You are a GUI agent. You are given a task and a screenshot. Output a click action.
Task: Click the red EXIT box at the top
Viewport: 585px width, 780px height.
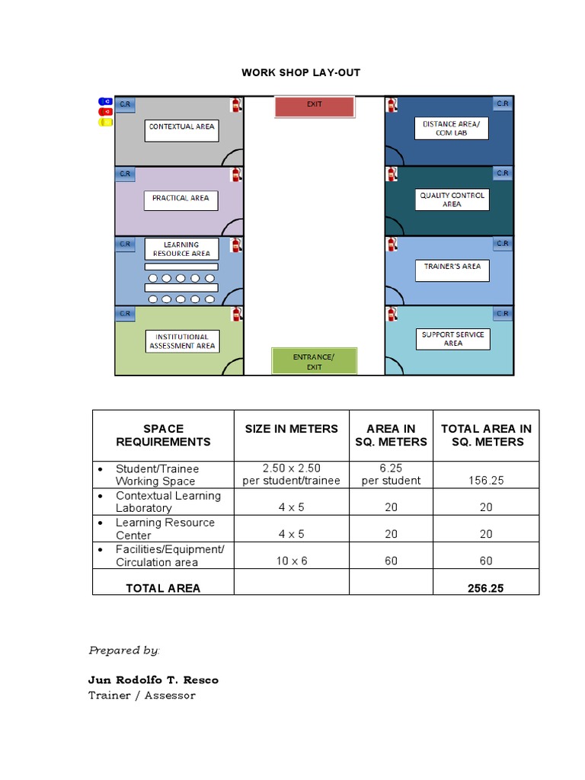pos(315,107)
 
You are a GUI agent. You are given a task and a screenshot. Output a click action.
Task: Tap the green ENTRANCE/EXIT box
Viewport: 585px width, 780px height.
pos(314,361)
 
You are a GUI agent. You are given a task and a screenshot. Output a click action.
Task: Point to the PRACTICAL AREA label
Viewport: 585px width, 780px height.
pos(181,200)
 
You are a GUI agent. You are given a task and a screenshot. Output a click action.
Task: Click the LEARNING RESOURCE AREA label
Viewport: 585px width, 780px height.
pos(181,249)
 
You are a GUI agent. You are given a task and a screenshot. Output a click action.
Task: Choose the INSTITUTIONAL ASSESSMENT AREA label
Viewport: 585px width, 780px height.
pos(181,340)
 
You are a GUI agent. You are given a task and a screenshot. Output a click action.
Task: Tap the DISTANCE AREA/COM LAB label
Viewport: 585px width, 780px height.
pos(451,128)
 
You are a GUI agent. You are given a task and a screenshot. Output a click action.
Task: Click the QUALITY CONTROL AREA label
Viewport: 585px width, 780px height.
pos(452,200)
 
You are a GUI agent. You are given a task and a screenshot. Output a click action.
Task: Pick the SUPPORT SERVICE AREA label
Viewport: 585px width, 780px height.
pos(452,339)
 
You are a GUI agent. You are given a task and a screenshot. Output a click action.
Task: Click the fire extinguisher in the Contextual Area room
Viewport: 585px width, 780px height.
pos(236,105)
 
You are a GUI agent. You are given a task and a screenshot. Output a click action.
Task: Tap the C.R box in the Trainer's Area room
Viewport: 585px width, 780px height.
pos(502,244)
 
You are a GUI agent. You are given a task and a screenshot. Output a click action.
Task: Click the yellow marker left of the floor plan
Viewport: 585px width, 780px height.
pos(105,122)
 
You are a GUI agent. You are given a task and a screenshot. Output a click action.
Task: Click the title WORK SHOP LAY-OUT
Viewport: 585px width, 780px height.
pos(301,72)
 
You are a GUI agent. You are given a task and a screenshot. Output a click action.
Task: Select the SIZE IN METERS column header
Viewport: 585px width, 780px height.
pos(291,429)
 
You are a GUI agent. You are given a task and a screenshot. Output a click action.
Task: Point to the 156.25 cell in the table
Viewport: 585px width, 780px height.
pos(486,481)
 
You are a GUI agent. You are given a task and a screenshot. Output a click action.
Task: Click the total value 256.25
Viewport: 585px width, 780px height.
pos(486,588)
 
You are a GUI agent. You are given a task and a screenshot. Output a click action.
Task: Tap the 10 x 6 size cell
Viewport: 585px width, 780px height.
pos(291,561)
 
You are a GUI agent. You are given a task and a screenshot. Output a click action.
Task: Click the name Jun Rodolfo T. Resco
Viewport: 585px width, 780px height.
pos(153,679)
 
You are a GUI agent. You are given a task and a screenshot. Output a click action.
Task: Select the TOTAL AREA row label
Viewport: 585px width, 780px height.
pos(163,588)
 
